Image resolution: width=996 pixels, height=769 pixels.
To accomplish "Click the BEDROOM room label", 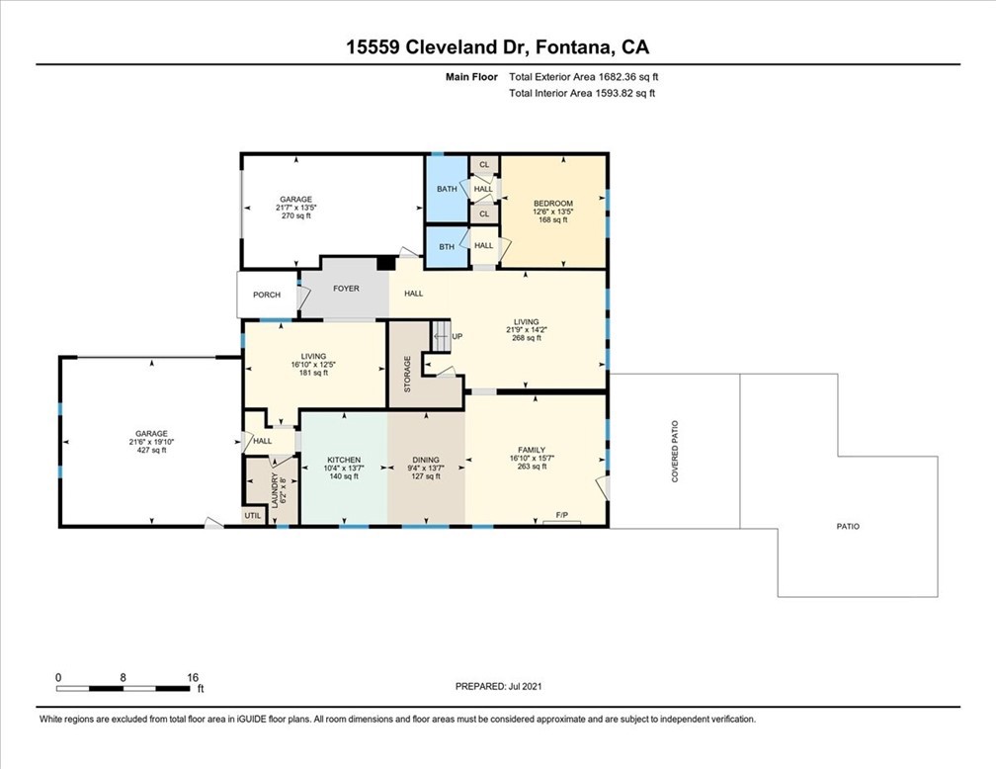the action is (x=552, y=204).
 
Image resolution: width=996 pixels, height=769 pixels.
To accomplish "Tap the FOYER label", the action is (x=346, y=289).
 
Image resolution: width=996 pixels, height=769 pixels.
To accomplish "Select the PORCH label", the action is (x=267, y=295).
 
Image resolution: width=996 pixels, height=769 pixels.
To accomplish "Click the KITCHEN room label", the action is (x=344, y=461).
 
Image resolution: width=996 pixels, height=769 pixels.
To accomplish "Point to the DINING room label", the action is (x=426, y=461).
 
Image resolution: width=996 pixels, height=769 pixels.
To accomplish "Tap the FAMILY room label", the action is (x=532, y=450).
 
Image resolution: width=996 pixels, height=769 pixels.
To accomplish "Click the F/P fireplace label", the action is (x=561, y=515).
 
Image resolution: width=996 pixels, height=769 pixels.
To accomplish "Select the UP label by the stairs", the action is (x=457, y=336).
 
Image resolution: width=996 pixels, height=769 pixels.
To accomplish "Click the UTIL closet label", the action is (x=253, y=515).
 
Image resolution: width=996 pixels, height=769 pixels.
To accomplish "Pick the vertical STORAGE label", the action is (x=408, y=374).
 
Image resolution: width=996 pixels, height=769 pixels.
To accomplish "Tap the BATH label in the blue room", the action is (x=447, y=189).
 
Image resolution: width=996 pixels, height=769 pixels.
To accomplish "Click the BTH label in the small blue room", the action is (x=447, y=246).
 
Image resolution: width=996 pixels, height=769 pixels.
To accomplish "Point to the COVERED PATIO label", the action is (x=675, y=452).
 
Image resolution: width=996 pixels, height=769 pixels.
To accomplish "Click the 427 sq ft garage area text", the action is (x=151, y=450).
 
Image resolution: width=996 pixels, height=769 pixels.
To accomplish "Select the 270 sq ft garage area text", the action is (x=296, y=215).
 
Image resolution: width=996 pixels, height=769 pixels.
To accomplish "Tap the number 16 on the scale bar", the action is (x=193, y=678).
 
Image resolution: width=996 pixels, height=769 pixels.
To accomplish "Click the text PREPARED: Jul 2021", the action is (x=499, y=686).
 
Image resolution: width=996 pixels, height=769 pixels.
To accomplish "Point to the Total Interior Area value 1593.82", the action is (x=615, y=94).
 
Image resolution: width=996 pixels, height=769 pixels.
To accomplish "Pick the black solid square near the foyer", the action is (x=385, y=263).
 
